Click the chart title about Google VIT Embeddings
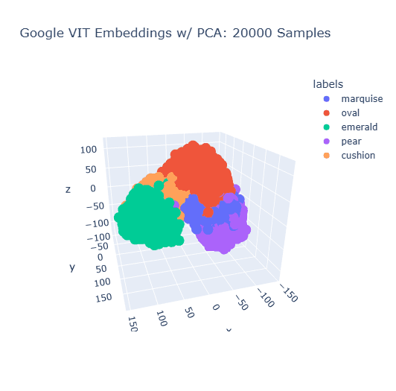(174, 34)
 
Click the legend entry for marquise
(362, 99)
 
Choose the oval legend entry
(350, 113)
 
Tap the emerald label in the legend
(358, 127)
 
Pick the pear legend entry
(351, 142)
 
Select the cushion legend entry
(358, 156)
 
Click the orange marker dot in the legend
(326, 156)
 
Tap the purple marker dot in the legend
(326, 142)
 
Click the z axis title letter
(68, 189)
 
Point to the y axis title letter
(72, 267)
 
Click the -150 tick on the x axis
(289, 296)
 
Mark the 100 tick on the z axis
(89, 150)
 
